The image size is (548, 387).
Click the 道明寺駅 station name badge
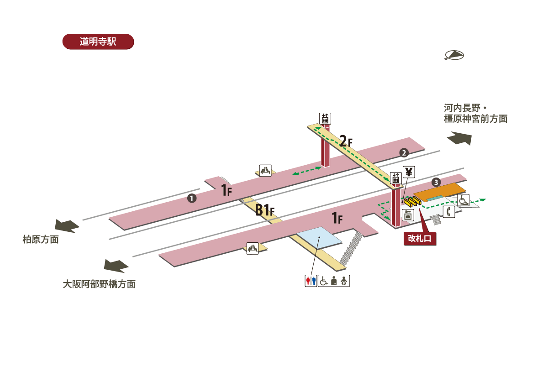click(x=98, y=42)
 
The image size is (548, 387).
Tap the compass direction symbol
click(x=454, y=55)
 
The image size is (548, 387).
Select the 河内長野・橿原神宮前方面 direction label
click(x=475, y=114)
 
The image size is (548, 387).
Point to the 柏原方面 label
click(x=41, y=239)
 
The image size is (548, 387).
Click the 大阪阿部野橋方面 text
click(x=99, y=284)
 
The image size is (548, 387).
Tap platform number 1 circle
click(x=192, y=198)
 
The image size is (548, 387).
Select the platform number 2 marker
click(x=404, y=153)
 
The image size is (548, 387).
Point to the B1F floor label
click(x=264, y=210)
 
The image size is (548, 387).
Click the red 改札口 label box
click(x=420, y=239)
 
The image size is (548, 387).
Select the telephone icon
click(x=448, y=212)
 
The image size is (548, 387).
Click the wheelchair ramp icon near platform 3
click(x=463, y=200)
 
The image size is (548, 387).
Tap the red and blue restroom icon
click(x=311, y=281)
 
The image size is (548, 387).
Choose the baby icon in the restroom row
click(x=345, y=281)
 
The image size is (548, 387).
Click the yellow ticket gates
click(x=411, y=200)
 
